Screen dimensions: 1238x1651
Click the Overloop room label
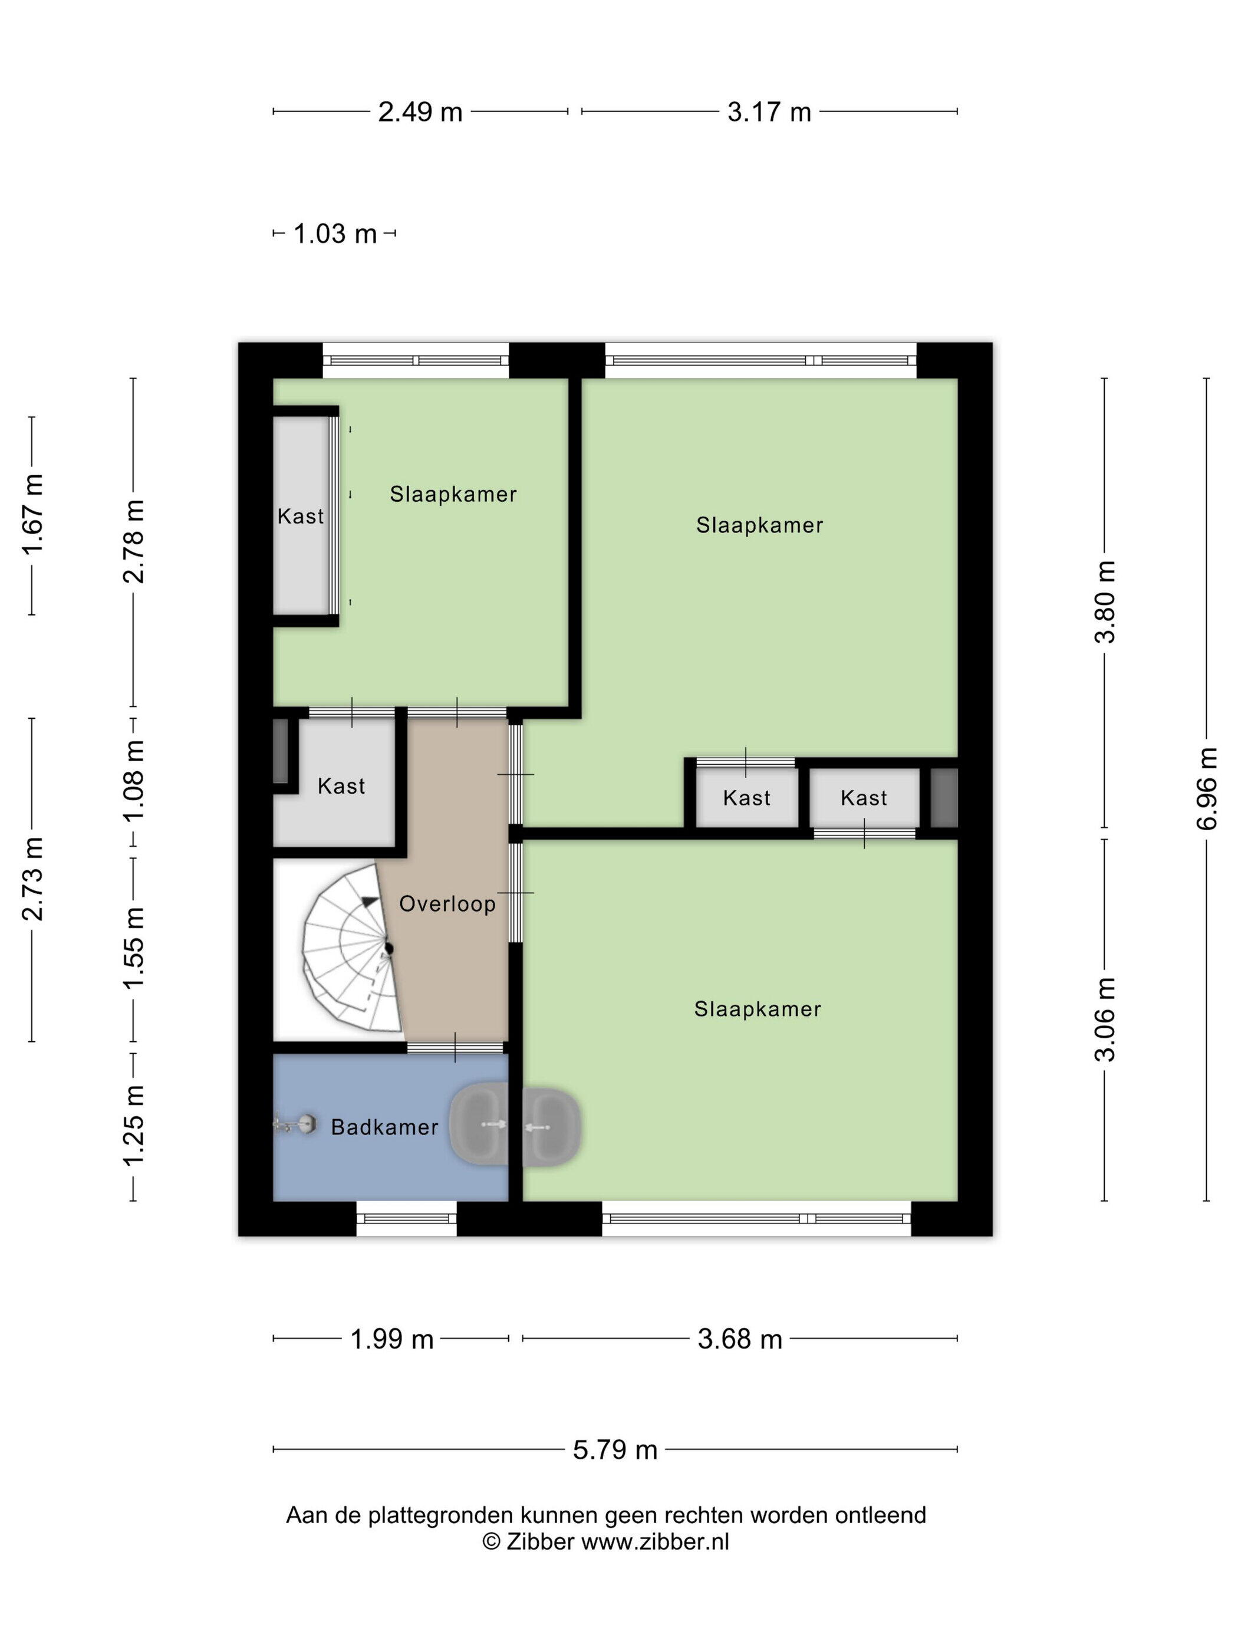pyautogui.click(x=447, y=904)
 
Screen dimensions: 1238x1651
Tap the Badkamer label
pyautogui.click(x=384, y=1127)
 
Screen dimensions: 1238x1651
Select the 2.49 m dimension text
pyautogui.click(x=420, y=112)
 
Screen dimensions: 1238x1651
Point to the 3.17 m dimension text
pyautogui.click(x=769, y=112)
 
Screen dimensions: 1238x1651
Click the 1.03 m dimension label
pyautogui.click(x=335, y=233)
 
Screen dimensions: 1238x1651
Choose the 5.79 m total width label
pyautogui.click(x=615, y=1449)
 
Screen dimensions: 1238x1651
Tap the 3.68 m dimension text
pyautogui.click(x=739, y=1339)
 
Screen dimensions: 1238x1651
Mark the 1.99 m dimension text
pyautogui.click(x=392, y=1339)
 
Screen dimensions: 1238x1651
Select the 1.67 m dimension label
pyautogui.click(x=32, y=514)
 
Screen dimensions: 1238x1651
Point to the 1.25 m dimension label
pyautogui.click(x=134, y=1126)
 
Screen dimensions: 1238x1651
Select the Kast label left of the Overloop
pyautogui.click(x=341, y=786)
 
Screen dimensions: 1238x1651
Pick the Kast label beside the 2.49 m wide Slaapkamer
pyautogui.click(x=301, y=516)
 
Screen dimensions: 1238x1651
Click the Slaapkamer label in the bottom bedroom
pyautogui.click(x=758, y=1009)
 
